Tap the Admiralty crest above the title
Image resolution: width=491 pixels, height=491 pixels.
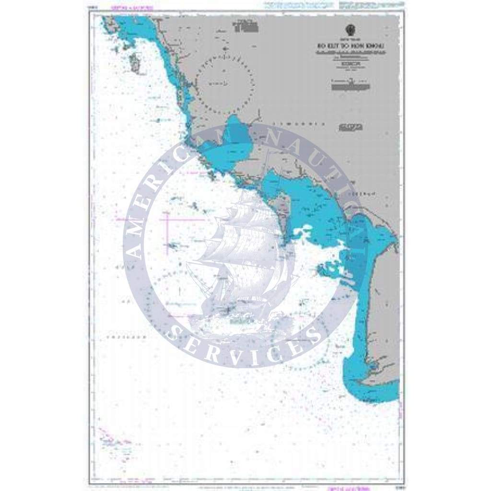point(349,28)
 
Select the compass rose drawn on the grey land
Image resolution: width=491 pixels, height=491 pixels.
point(225,82)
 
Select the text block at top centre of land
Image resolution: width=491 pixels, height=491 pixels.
point(242,26)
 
